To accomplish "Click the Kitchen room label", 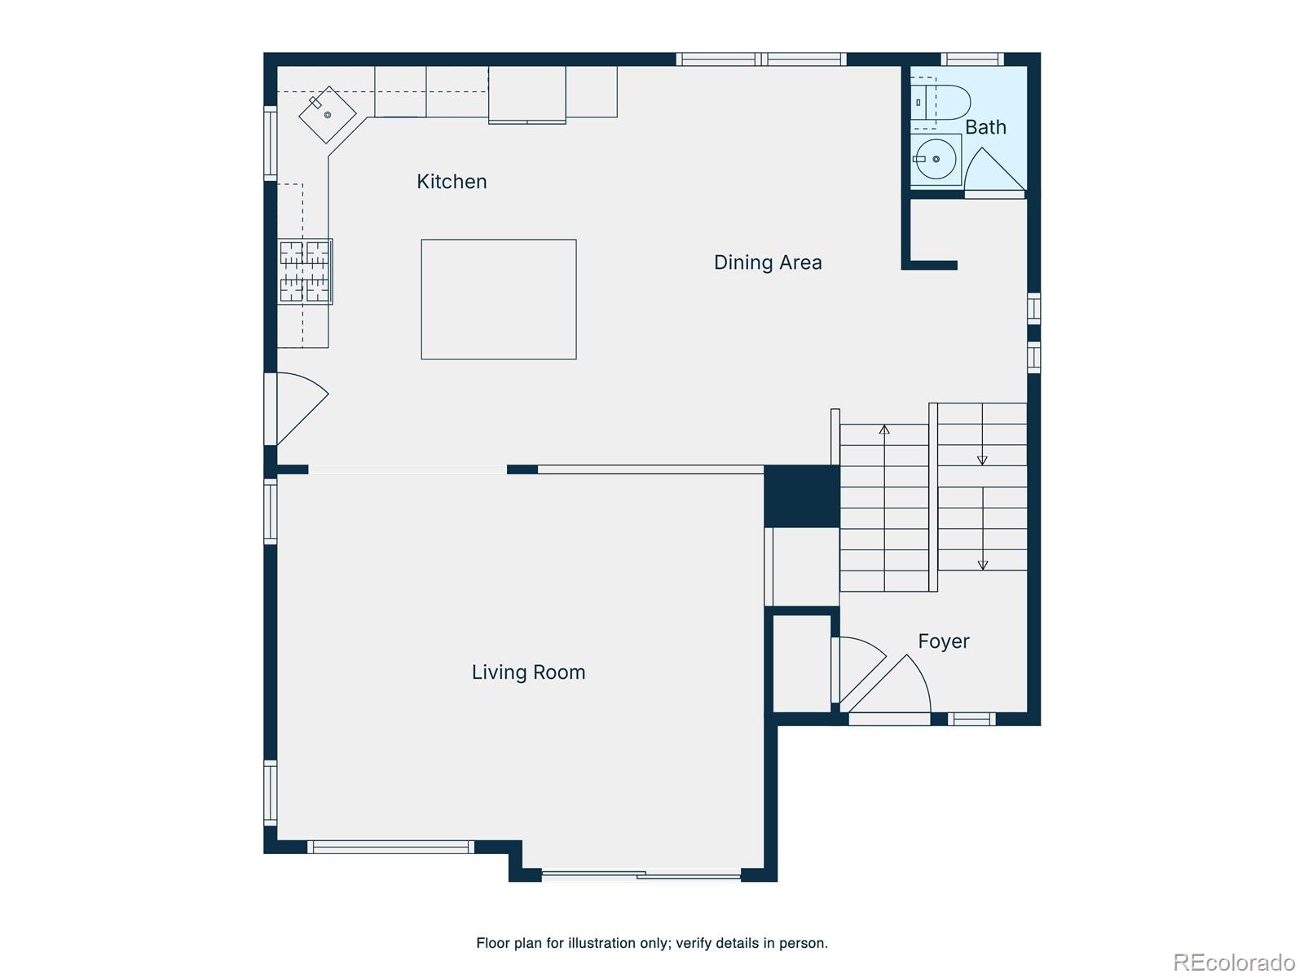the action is [452, 181].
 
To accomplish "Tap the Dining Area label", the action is [768, 262].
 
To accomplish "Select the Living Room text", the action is [528, 672].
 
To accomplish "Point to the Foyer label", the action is [944, 641].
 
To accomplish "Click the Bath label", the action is [985, 127].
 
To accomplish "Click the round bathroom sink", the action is [936, 159].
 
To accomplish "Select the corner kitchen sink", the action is [328, 115].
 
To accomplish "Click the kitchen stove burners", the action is [305, 271].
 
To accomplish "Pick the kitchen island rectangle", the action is [499, 299].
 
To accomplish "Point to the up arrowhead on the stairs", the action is [884, 430].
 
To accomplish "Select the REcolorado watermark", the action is [1235, 962].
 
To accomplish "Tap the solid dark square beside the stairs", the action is [801, 496].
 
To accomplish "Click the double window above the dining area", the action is [761, 59].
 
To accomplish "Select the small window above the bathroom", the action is [972, 59].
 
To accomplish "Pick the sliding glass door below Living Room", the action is [641, 874].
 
